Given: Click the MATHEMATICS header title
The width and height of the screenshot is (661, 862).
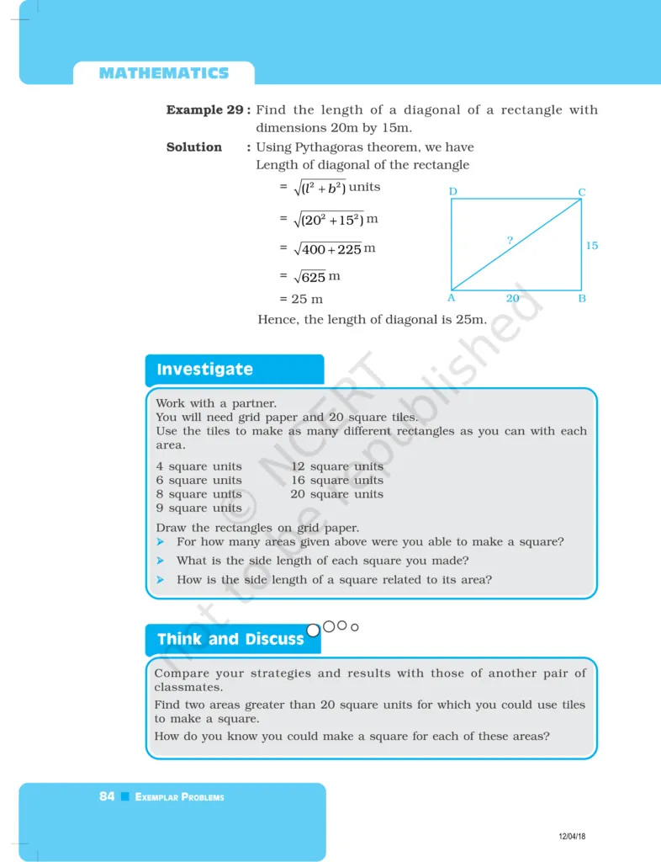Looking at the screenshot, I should [164, 73].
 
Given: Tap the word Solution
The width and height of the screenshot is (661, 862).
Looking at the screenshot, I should [194, 147].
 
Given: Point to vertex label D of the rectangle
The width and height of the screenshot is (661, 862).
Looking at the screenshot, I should [453, 192].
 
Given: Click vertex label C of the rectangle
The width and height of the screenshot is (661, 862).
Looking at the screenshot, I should [581, 193].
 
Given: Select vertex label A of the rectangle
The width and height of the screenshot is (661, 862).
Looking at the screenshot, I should [451, 298].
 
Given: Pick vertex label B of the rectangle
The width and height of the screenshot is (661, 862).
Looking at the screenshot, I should [582, 298].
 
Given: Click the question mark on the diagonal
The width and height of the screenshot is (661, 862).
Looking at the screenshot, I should [510, 241].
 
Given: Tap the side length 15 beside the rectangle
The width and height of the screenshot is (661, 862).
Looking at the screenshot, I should [592, 246].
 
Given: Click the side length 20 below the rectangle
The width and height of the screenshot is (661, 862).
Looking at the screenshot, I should [512, 298].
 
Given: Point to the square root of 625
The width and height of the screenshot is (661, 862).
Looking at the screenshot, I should [309, 277].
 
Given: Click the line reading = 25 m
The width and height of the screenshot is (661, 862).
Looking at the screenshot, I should [301, 299].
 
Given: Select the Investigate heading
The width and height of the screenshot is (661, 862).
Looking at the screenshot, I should [204, 370].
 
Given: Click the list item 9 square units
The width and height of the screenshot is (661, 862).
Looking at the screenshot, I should [198, 508].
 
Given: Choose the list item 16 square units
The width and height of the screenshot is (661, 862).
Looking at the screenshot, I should [336, 480].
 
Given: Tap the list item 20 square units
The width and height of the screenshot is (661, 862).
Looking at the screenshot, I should [336, 494].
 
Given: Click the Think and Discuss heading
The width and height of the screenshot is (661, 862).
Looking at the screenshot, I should [230, 639].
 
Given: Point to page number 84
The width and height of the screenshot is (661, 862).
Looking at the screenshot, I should [107, 796].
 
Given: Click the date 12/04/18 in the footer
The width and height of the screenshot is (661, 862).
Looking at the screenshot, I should [572, 835].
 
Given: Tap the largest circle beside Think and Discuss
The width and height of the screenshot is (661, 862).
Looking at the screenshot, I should [314, 629].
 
